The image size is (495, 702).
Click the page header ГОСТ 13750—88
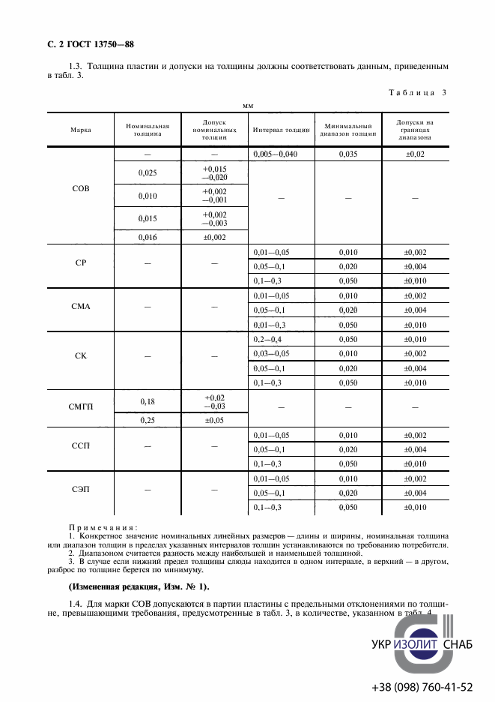[85, 45]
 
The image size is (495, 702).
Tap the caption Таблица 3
[417, 92]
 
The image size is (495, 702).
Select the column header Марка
[80, 129]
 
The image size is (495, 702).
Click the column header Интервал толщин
[281, 129]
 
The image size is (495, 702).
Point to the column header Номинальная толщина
[148, 129]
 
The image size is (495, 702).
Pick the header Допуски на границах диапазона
[415, 129]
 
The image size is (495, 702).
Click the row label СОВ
[80, 188]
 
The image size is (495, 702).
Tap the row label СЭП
[80, 489]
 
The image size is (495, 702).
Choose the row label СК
[80, 355]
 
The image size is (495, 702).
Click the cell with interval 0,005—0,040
[281, 153]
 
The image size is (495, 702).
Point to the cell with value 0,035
[348, 153]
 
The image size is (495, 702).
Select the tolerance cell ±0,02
[415, 153]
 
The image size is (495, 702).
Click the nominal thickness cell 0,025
[148, 172]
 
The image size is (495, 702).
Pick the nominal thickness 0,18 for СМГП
[148, 401]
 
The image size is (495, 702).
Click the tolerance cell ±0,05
[214, 420]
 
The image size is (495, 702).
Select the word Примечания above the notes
[97, 526]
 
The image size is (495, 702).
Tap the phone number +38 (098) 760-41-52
[422, 686]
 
